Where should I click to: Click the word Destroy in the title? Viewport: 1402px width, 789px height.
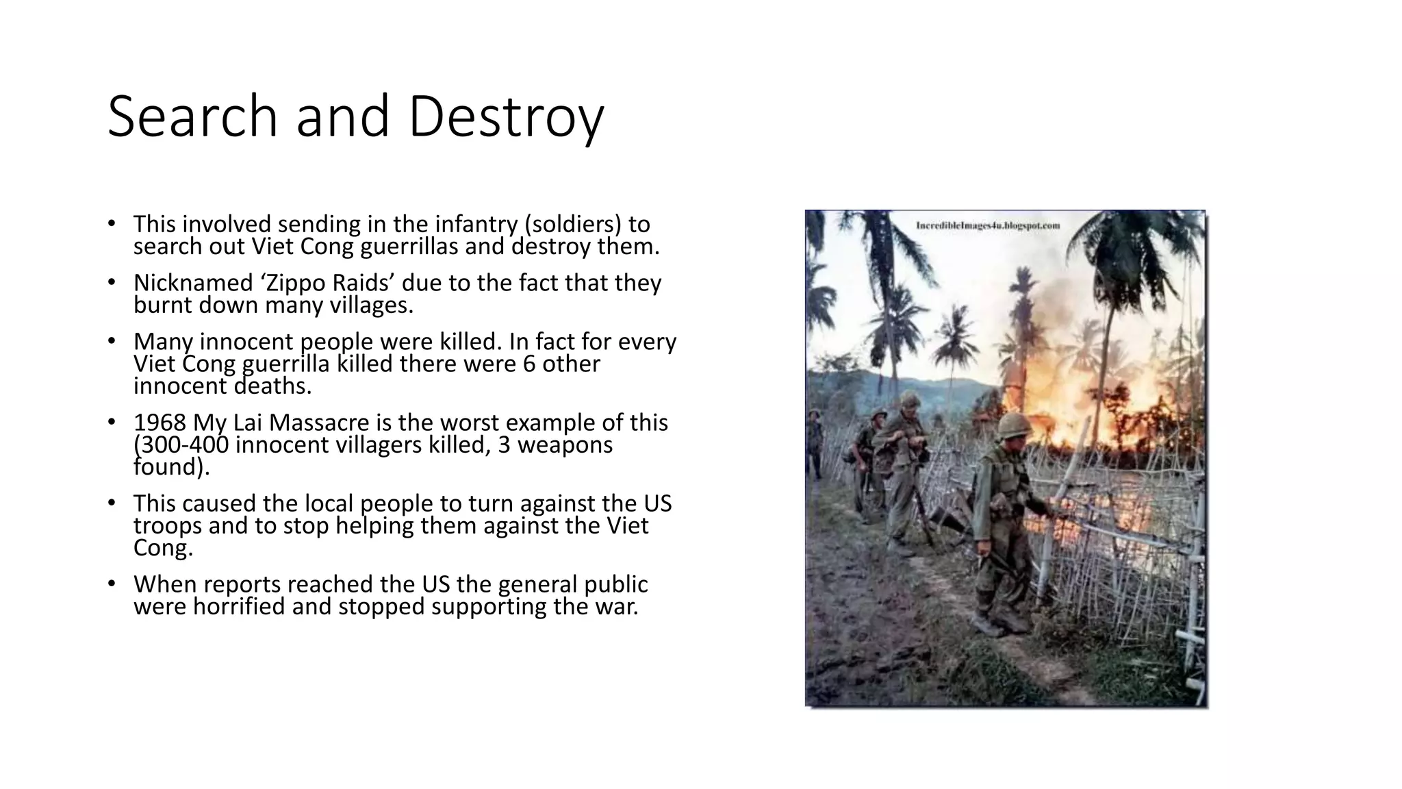(506, 116)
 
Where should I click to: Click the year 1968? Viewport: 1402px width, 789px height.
(160, 423)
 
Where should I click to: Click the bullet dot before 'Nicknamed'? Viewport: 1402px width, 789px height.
(112, 281)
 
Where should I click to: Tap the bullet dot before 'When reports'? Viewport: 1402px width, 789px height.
(112, 583)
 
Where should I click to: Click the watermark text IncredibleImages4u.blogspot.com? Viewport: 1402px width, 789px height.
(988, 225)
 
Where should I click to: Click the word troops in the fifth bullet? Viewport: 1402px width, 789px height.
(168, 526)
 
